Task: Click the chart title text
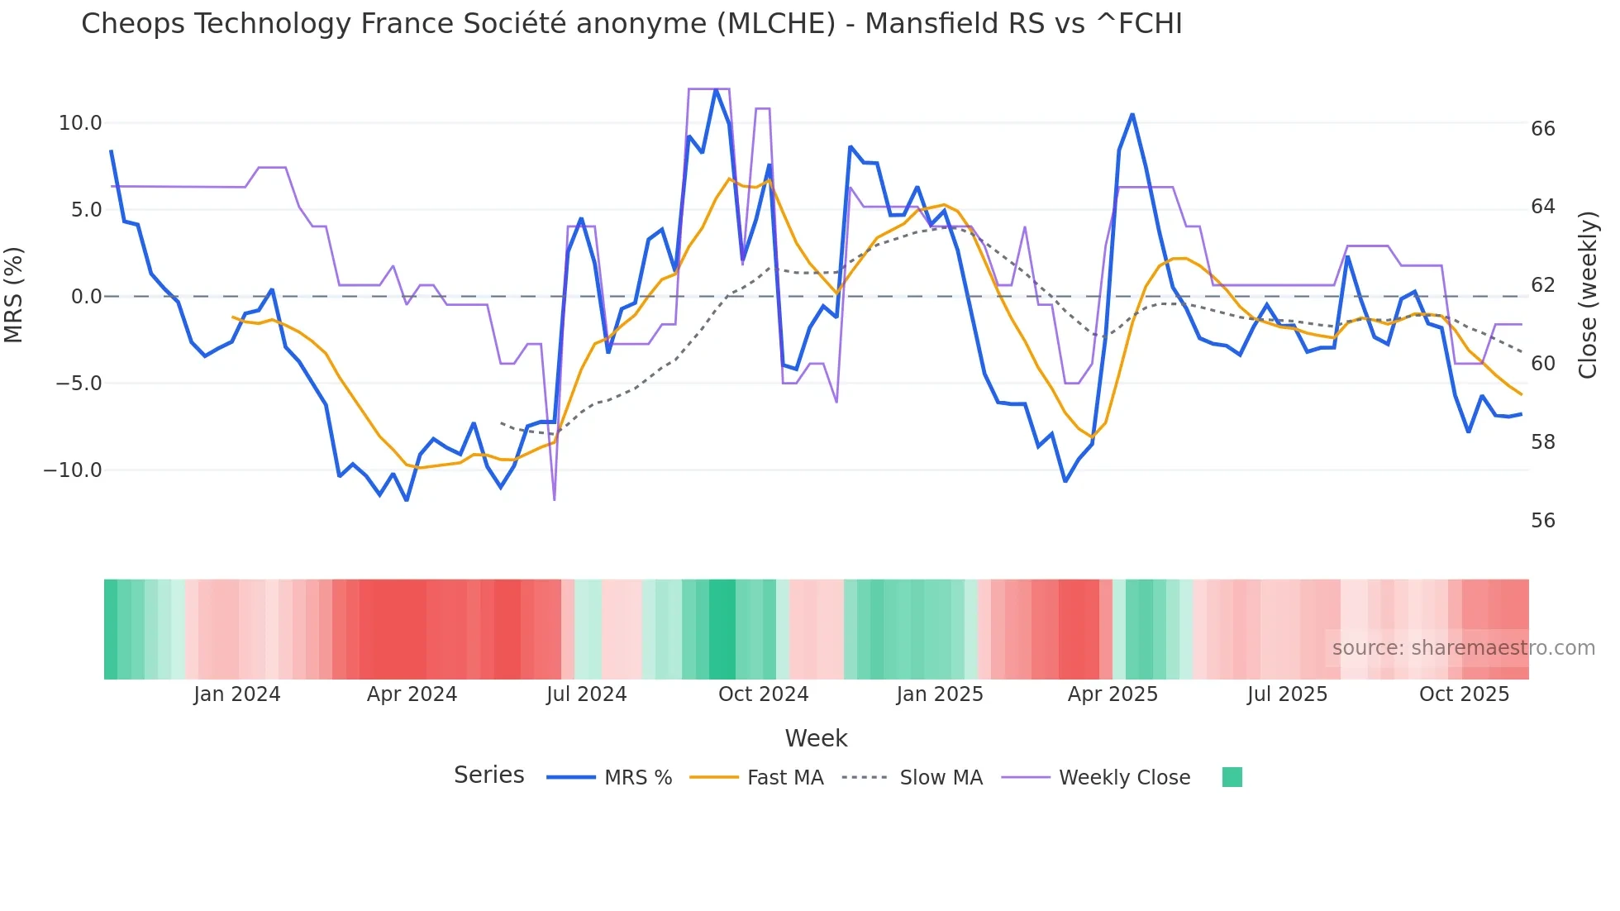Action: (631, 24)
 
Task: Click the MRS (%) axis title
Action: (14, 294)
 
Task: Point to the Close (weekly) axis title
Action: (1587, 294)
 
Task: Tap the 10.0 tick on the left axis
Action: (80, 123)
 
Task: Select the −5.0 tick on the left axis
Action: (79, 384)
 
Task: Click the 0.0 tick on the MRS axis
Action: (86, 297)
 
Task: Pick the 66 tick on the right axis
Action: (1542, 129)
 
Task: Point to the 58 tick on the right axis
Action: (1542, 442)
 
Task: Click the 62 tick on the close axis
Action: (1542, 285)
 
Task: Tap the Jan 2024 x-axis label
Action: (237, 694)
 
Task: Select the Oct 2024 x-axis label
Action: (763, 694)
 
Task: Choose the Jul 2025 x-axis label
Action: (1287, 694)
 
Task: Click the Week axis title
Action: (816, 738)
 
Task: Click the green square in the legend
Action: (1232, 777)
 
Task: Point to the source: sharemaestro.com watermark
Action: (1463, 648)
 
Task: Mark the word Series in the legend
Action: (488, 775)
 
